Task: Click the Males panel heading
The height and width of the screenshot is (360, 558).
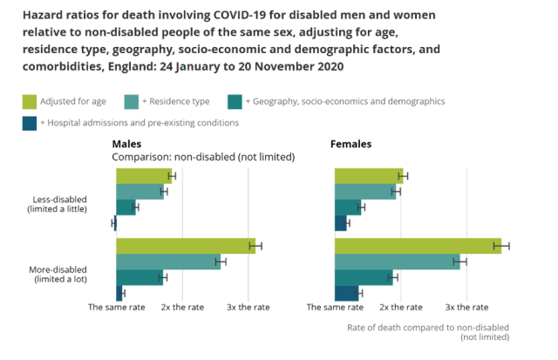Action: pos(127,144)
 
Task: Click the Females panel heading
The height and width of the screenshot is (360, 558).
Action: pos(350,144)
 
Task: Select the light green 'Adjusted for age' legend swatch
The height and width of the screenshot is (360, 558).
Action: pos(31,101)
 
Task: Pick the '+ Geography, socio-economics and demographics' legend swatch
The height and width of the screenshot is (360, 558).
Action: pos(235,101)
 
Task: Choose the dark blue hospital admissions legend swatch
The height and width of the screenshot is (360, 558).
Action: pos(31,123)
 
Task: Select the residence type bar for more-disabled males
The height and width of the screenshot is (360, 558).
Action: pos(167,262)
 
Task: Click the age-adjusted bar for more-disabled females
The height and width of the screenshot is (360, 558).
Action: pos(418,246)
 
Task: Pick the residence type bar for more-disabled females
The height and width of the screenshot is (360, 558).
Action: pos(397,262)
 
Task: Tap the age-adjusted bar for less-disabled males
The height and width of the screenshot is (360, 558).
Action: pos(143,176)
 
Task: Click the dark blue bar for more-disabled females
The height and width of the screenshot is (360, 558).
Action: pos(346,293)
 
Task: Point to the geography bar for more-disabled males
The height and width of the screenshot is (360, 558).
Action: pos(139,277)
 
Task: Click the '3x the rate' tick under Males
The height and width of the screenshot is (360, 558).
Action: pos(248,308)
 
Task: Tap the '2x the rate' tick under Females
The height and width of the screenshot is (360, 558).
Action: pos(402,308)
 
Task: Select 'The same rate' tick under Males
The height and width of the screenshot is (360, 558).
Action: pos(116,308)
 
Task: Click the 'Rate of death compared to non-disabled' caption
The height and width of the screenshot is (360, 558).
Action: pos(427,328)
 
